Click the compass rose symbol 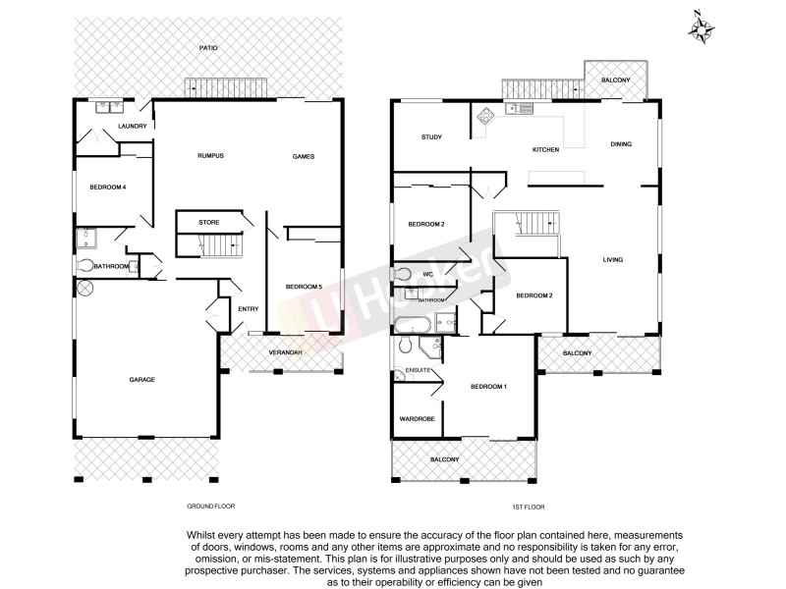pos(701,27)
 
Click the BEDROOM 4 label pos(107,187)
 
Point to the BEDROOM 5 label pos(304,287)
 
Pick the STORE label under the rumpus pos(208,223)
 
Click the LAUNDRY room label pos(132,127)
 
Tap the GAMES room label pos(303,156)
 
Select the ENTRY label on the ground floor pos(248,309)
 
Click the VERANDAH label pos(285,351)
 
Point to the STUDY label pos(428,137)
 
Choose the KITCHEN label pos(545,149)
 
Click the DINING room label pos(621,144)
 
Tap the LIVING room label pos(614,259)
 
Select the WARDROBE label pos(417,419)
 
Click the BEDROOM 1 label pos(488,387)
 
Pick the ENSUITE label pos(406,370)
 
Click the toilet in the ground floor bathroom pos(86,265)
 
